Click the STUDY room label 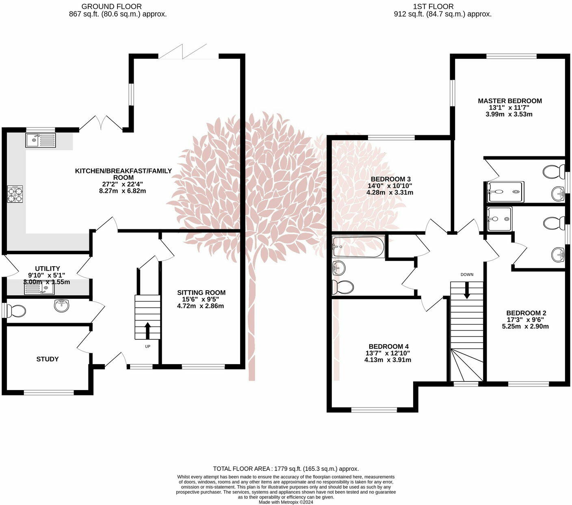(48, 359)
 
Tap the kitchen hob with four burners (15, 194)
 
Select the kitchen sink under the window (41, 140)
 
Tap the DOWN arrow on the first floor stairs (467, 290)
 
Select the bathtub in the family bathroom (358, 247)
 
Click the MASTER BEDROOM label (509, 101)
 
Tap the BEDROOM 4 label (388, 347)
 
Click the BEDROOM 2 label (526, 313)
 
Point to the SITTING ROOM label (201, 293)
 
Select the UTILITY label (47, 269)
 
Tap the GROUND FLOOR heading (111, 6)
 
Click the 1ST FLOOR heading (433, 6)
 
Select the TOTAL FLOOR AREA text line (286, 468)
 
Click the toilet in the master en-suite (553, 171)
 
